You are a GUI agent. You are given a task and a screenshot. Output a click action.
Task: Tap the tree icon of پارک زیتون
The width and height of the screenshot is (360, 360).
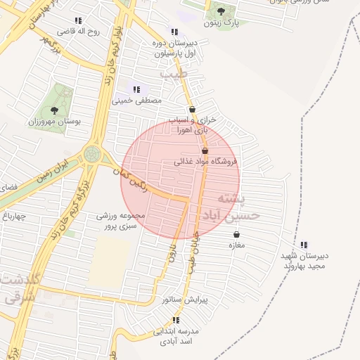[x=221, y=11]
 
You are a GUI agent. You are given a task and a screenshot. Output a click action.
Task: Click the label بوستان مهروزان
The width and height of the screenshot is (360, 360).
[x=54, y=121]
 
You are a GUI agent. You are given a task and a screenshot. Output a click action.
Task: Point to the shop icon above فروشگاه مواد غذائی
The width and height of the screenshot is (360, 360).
[x=205, y=150]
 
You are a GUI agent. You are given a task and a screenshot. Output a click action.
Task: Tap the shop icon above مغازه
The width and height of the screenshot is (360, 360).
[x=236, y=233]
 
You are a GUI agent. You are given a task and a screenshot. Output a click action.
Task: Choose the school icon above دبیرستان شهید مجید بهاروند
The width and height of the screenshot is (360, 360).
[x=303, y=244]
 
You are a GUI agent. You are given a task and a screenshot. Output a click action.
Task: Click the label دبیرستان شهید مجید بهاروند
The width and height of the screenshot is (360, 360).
[x=306, y=261]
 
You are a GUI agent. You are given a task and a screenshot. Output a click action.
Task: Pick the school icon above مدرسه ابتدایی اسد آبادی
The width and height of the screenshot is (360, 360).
[x=174, y=320]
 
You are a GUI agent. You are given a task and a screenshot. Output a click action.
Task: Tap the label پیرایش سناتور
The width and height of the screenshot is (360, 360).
[x=186, y=300]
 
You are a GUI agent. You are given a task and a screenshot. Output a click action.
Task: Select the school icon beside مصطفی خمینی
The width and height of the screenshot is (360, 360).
[x=136, y=89]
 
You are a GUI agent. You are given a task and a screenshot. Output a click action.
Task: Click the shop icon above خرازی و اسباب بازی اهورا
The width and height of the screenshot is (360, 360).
[x=193, y=109]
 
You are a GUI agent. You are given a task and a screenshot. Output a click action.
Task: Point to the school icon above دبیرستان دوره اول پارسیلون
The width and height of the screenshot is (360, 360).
[x=174, y=32]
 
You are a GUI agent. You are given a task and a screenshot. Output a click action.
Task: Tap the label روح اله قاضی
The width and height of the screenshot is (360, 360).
[x=79, y=32]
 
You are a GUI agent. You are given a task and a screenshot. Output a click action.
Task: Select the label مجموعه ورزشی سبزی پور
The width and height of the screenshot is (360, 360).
[x=121, y=221]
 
